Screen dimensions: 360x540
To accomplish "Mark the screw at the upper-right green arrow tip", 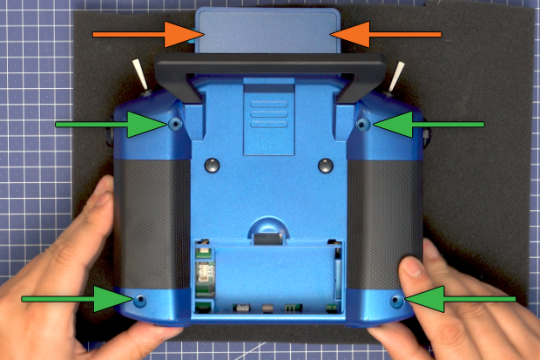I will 363,126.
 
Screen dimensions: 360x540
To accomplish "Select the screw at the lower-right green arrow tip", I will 397,300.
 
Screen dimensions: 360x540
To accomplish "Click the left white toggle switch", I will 140,73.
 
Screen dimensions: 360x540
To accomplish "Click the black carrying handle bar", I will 270,65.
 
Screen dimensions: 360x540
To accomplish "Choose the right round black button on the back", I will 326,165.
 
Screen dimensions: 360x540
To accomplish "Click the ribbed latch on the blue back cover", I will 267,113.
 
